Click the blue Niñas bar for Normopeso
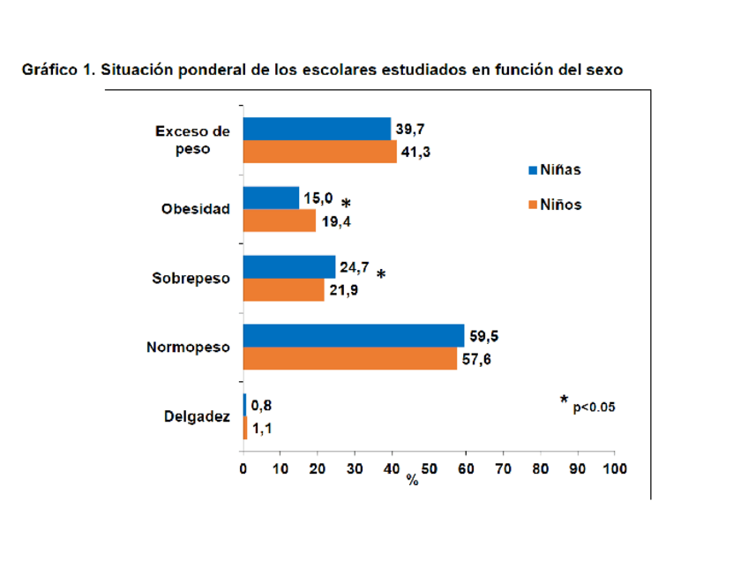coord(353,336)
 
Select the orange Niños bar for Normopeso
coord(349,359)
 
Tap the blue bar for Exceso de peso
coord(317,129)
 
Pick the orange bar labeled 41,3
coord(319,152)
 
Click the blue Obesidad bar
coord(271,198)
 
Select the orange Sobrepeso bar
coord(283,290)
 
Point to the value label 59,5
coord(483,336)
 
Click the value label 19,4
coord(336,221)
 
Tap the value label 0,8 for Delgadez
coord(261,407)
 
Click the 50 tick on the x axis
coord(430,468)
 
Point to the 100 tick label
coord(614,468)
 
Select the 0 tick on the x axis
coord(243,468)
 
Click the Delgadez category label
coord(197,416)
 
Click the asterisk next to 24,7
coord(381,276)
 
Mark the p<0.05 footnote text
coord(594,408)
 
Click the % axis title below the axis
coord(412,482)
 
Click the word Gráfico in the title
coord(49,71)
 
